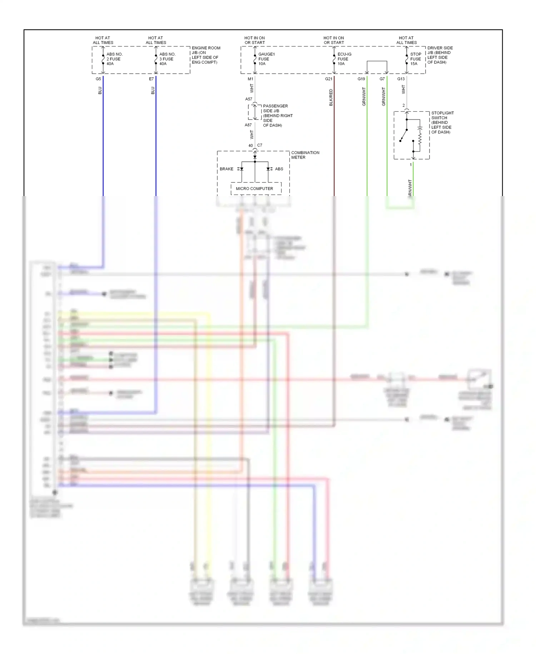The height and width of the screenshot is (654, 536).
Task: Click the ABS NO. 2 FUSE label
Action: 114,59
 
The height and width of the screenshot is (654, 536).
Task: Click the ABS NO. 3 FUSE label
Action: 167,59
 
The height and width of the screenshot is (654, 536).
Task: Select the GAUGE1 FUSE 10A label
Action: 266,59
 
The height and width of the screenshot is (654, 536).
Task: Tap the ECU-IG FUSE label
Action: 344,59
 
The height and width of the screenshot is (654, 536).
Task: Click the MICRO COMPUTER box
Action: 254,189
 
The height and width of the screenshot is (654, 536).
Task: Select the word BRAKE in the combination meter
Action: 226,169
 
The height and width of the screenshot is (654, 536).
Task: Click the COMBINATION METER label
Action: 305,155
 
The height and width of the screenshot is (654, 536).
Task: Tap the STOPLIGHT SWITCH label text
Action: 442,122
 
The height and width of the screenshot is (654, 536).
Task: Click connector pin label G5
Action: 98,79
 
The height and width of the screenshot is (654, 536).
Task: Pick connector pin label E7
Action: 151,79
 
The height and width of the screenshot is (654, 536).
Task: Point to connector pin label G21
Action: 328,79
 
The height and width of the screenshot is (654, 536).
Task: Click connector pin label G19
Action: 361,79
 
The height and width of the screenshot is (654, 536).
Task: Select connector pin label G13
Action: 401,79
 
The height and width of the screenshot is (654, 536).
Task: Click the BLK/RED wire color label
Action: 331,97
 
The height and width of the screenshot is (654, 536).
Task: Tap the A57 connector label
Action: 249,99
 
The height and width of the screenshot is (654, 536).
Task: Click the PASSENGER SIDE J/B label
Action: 277,116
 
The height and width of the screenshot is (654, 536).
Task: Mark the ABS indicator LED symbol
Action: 269,169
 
